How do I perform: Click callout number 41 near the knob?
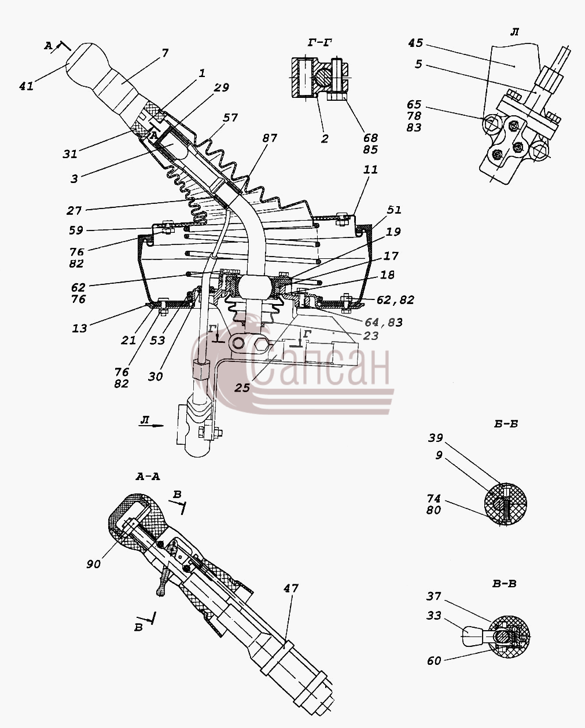point(27,86)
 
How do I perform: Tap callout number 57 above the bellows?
point(230,118)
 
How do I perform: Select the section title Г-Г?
point(320,43)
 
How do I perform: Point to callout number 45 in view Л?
point(415,43)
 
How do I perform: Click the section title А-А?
point(148,477)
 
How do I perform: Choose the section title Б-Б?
point(506,424)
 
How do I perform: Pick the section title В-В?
point(504,584)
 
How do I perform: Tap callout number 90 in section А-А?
point(94,564)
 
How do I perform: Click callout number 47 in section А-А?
point(291,588)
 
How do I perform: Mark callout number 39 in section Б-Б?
point(435,438)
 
